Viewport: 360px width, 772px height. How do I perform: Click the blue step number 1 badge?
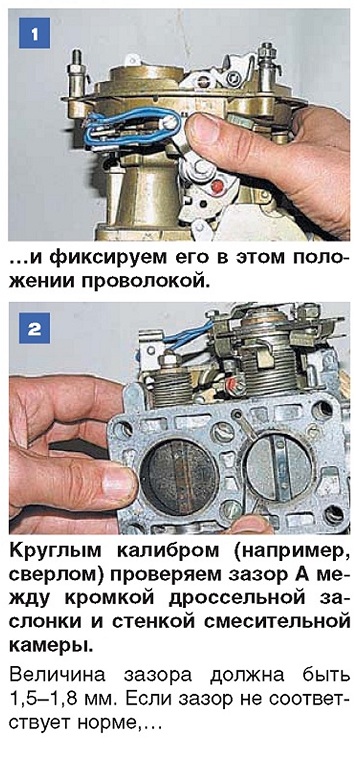click(34, 33)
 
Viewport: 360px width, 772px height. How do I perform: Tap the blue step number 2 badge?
click(34, 328)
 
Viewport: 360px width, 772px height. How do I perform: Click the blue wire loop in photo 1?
click(132, 127)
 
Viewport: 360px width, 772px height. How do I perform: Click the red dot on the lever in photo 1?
click(214, 187)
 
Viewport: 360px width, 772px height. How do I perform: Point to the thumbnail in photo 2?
click(118, 481)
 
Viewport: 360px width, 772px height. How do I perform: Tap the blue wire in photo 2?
click(190, 335)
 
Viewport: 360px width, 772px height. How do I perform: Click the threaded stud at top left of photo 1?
click(76, 73)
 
